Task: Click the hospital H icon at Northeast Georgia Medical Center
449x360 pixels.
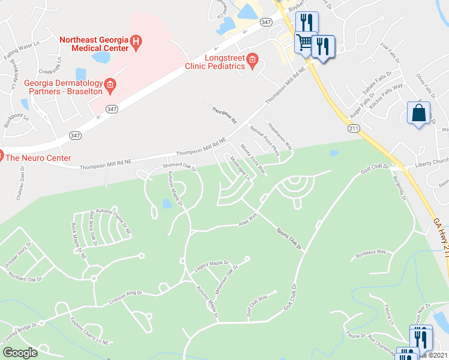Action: pyautogui.click(x=136, y=41)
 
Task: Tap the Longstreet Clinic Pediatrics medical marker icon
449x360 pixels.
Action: pyautogui.click(x=253, y=59)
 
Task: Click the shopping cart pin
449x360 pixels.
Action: pyautogui.click(x=305, y=43)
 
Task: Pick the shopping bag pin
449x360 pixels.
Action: pyautogui.click(x=418, y=113)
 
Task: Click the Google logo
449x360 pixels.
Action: pyautogui.click(x=19, y=353)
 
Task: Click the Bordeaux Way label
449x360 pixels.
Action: pyautogui.click(x=370, y=252)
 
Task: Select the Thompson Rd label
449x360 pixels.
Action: pyautogui.click(x=223, y=114)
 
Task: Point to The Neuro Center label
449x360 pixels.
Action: pyautogui.click(x=38, y=158)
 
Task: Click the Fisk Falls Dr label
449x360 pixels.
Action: pyautogui.click(x=393, y=53)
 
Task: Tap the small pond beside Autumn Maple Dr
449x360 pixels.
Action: pyautogui.click(x=166, y=204)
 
